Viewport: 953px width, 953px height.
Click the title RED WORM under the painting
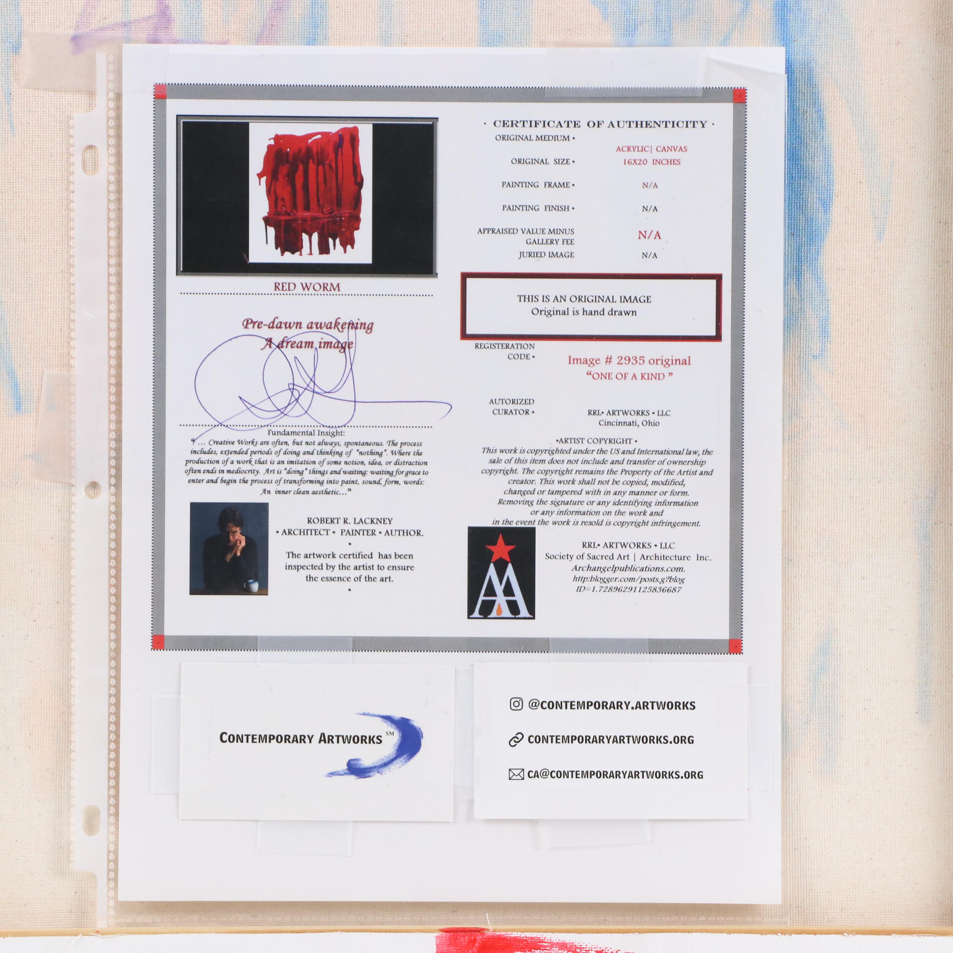pos(307,287)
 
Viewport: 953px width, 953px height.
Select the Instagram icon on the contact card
pos(516,704)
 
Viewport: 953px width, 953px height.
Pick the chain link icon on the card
pos(516,740)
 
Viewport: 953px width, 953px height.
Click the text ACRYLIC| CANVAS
pos(651,149)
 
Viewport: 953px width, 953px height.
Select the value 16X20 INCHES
pos(651,162)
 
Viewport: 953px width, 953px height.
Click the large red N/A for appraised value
pos(649,235)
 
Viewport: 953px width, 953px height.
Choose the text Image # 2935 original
pos(629,360)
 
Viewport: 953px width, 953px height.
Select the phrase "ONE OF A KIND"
pos(629,376)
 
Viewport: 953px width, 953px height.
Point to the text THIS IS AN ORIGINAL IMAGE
pos(584,299)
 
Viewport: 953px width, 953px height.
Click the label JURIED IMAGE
pos(546,255)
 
